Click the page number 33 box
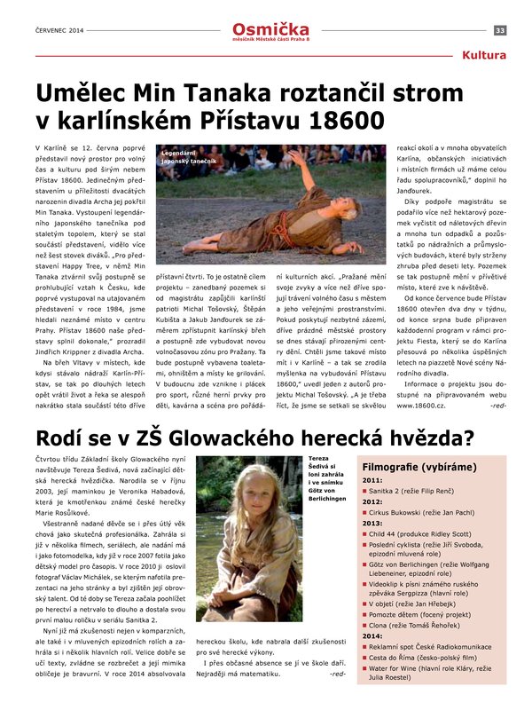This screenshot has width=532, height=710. click(x=500, y=30)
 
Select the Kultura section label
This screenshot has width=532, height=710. click(x=485, y=56)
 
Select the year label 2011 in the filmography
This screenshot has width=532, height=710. click(x=372, y=480)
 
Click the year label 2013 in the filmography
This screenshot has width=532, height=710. click(x=372, y=523)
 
